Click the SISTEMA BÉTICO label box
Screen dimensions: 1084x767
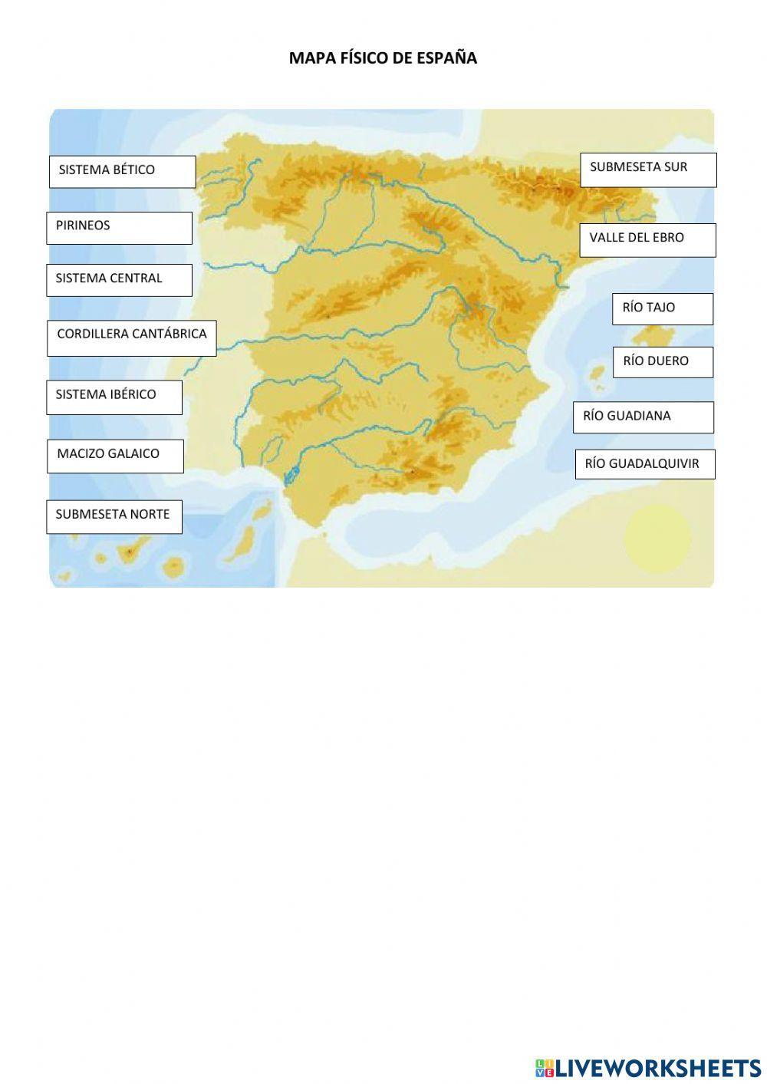coord(122,172)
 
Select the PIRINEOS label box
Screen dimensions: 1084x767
coord(119,228)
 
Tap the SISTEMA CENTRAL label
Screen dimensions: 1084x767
coord(119,280)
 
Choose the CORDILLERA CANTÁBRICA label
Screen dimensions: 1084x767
coord(131,338)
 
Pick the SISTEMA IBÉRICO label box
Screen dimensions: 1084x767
coord(114,397)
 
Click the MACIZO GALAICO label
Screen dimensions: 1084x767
coord(115,456)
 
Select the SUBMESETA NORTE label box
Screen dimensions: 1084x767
coord(114,516)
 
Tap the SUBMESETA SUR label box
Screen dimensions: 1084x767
coord(648,170)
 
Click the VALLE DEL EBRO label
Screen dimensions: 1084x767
coord(647,239)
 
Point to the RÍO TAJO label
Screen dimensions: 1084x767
coord(662,308)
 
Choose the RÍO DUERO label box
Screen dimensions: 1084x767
coord(663,361)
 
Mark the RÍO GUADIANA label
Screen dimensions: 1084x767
coord(643,417)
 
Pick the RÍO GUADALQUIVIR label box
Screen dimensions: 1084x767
coord(645,464)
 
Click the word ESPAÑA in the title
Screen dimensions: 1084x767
coord(446,58)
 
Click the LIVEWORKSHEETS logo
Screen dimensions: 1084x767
coord(648,1067)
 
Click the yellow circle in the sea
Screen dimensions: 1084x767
coord(657,537)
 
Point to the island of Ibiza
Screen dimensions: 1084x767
coord(595,375)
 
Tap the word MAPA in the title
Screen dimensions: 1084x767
coord(311,58)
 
